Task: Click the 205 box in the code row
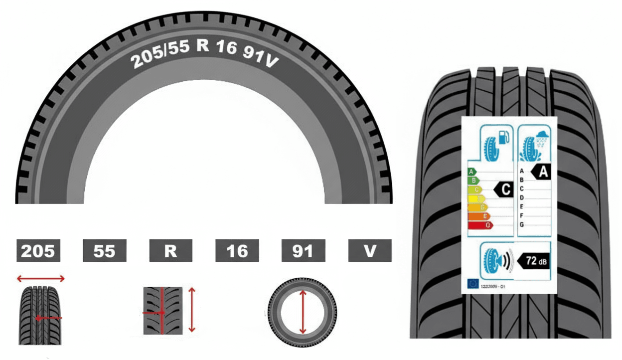[x=38, y=251]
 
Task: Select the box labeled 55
[x=104, y=251]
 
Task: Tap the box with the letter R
[x=170, y=251]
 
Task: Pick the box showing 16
[x=237, y=251]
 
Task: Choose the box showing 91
[x=303, y=251]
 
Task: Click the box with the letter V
[x=369, y=251]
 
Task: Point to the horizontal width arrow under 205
[x=40, y=278]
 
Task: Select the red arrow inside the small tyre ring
[x=303, y=313]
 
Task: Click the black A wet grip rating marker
[x=540, y=172]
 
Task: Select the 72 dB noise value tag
[x=535, y=260]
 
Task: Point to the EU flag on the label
[x=473, y=284]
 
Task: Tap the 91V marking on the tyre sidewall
[x=259, y=57]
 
